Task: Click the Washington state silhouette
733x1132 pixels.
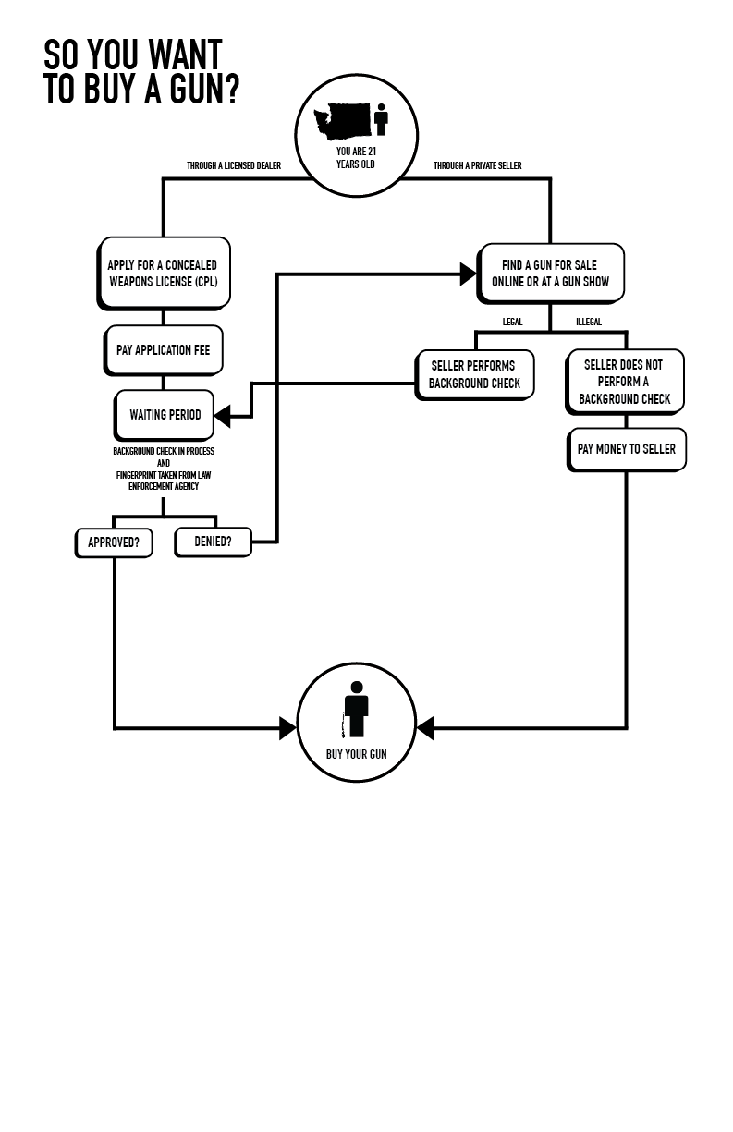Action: tap(342, 121)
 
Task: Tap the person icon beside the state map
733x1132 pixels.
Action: tap(382, 120)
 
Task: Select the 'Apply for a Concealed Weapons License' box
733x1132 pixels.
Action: tap(164, 274)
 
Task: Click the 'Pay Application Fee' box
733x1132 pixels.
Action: tap(164, 350)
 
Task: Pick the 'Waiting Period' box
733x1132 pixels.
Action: tap(165, 415)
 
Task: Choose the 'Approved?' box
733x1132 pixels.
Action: tap(114, 542)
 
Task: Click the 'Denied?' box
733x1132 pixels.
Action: tap(213, 542)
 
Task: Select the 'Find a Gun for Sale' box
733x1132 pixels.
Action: tap(551, 274)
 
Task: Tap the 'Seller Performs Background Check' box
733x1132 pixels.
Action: tap(474, 374)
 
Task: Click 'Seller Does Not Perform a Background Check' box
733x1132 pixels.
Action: tap(625, 382)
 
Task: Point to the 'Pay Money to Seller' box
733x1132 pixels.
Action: tap(627, 449)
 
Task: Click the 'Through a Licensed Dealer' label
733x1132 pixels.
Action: tap(234, 165)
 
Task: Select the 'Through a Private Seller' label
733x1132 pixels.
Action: tap(478, 165)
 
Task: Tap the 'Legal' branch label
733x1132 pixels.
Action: tap(513, 322)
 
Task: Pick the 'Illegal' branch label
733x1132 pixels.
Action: tap(589, 322)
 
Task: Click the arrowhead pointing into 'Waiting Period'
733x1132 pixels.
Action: tap(223, 416)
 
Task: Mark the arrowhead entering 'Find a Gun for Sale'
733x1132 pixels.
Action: tap(468, 274)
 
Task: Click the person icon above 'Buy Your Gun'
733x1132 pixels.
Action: tap(356, 709)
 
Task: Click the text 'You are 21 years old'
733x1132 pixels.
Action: tap(356, 158)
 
